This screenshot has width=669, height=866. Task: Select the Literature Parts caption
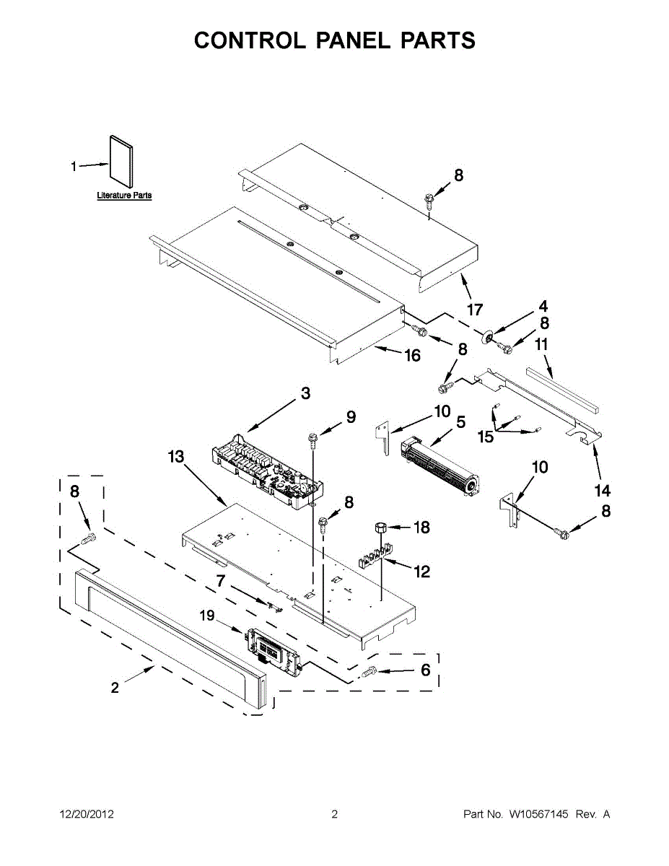124,196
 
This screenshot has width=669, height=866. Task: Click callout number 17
474,310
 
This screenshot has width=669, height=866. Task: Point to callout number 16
412,356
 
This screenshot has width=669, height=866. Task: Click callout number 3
305,393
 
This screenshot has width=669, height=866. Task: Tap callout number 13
176,457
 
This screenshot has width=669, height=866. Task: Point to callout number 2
115,688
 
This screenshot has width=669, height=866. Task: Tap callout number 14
603,491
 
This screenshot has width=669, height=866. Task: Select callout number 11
542,345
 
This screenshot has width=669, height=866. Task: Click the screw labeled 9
314,437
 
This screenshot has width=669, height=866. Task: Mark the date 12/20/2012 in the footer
86,815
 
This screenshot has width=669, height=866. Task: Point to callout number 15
486,437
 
